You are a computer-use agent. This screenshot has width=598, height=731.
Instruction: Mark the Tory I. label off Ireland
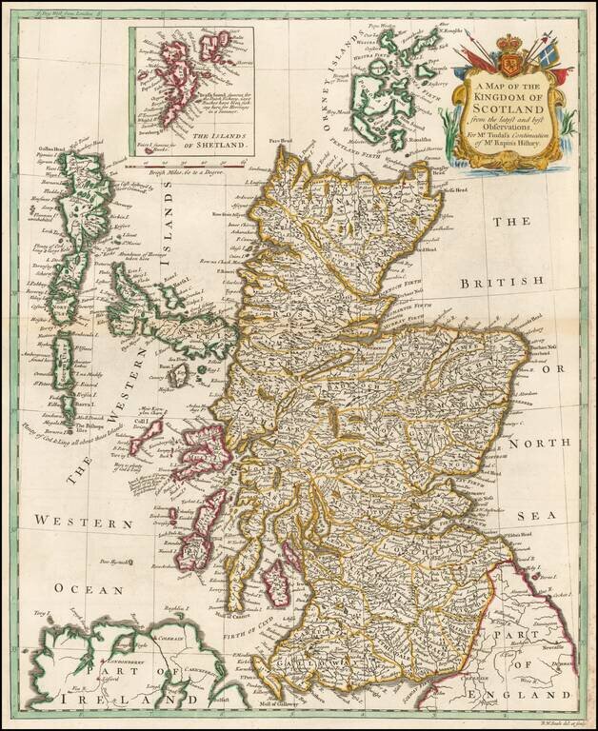[40, 609]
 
